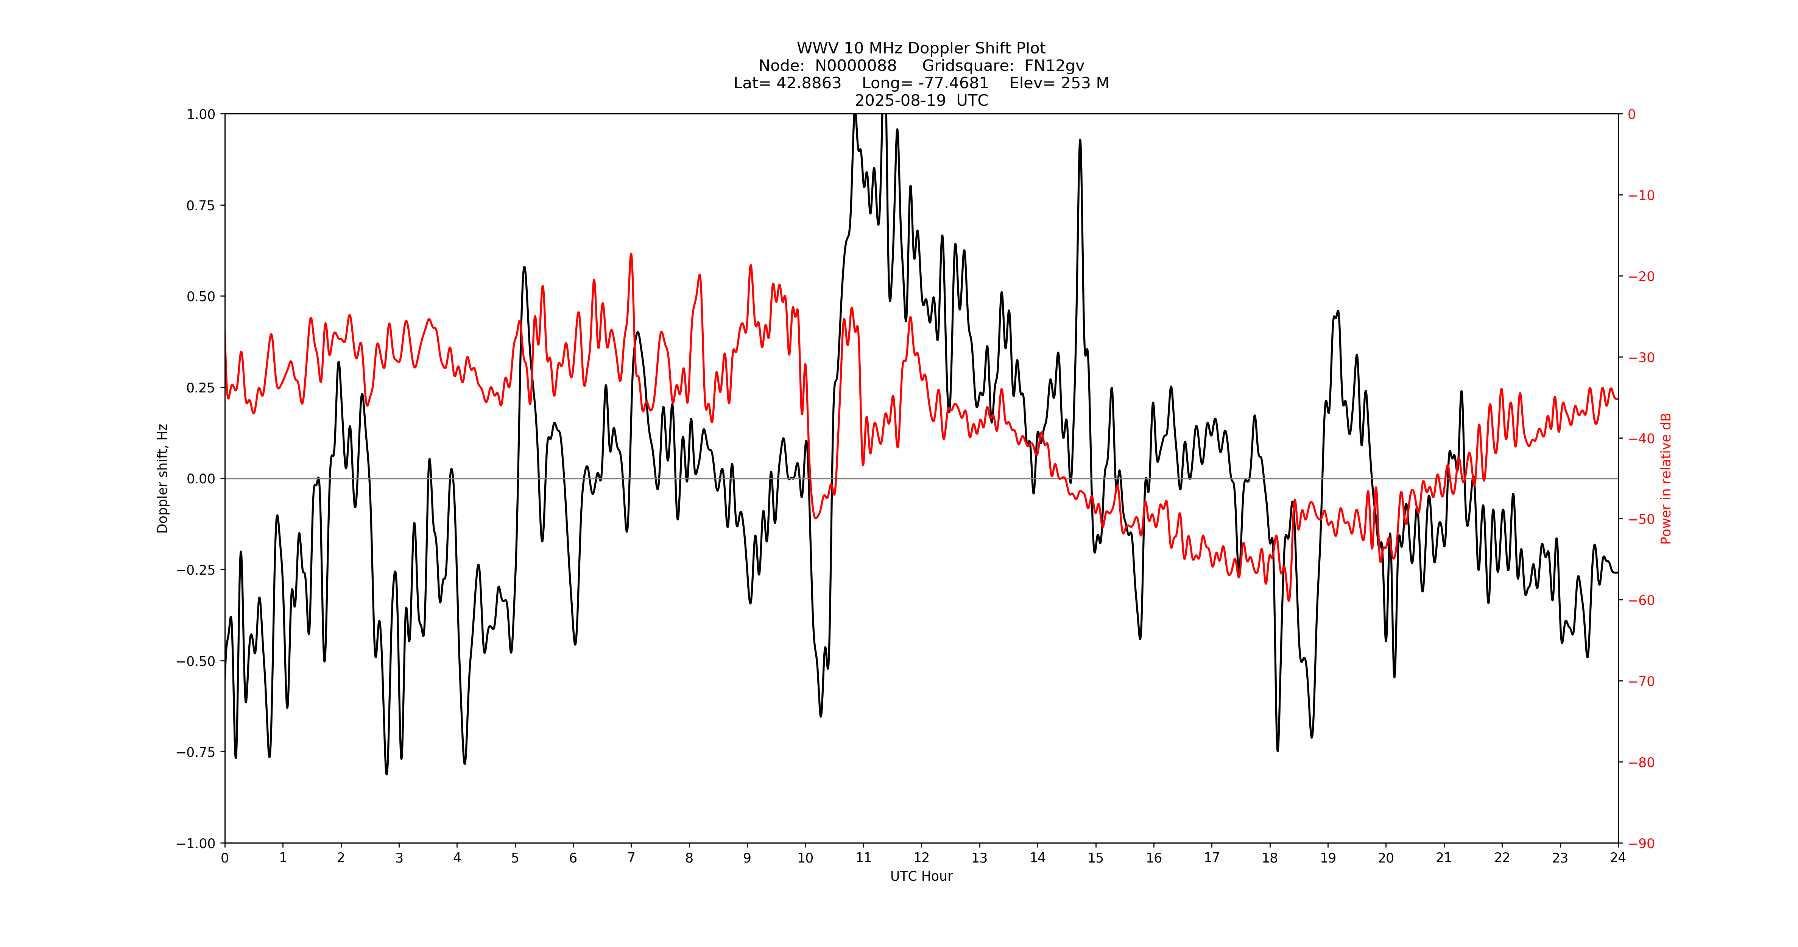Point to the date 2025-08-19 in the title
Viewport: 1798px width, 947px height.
pos(901,100)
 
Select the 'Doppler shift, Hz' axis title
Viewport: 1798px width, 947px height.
pos(163,478)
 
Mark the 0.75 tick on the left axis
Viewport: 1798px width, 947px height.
pos(200,205)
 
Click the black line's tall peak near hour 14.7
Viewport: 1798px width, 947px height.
pos(1080,141)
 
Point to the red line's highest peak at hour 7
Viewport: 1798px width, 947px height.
pos(631,255)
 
